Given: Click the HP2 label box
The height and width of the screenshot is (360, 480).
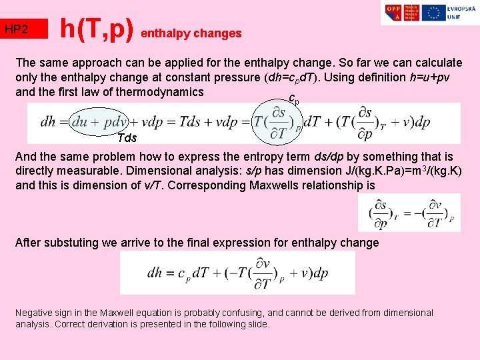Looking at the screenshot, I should point(25,29).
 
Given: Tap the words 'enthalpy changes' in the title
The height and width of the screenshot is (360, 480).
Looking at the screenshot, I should point(191,33).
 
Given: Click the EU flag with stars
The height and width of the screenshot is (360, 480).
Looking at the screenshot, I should point(434,13).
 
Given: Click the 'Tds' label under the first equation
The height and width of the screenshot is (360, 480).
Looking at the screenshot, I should point(127,138).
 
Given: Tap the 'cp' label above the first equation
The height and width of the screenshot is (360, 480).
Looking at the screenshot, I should point(293,99).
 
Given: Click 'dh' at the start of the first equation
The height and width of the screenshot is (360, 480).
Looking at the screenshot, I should point(48,123).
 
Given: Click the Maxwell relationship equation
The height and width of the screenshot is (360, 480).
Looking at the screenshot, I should point(409,213).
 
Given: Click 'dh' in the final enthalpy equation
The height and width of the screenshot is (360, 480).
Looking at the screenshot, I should point(155,273).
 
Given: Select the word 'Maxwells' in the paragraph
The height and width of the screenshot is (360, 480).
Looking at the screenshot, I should point(279,185).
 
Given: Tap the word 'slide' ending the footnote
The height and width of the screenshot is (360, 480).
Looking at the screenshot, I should point(255,324).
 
